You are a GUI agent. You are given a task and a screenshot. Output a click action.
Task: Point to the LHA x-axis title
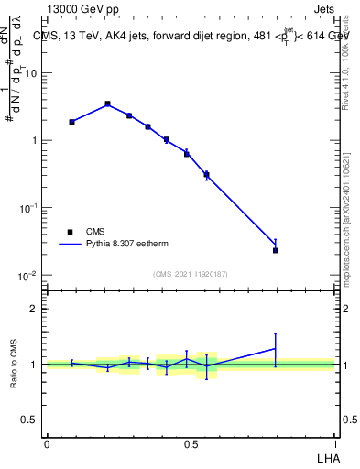tap(327, 457)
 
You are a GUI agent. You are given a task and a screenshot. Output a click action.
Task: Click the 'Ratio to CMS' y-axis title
tap(15, 365)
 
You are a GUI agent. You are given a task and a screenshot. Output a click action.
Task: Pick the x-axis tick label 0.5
tap(191, 443)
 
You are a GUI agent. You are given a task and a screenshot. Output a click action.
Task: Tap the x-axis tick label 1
tap(335, 443)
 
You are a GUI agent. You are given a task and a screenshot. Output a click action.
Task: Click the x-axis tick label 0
tap(47, 443)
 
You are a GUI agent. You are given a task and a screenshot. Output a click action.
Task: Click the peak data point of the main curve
tap(107, 104)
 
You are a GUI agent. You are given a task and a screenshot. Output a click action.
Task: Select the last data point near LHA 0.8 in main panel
tap(275, 249)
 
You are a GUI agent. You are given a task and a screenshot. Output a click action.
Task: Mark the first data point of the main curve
tap(71, 121)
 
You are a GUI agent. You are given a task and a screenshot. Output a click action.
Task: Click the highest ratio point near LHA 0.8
tap(275, 348)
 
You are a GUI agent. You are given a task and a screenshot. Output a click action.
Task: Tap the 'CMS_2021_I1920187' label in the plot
tap(191, 274)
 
